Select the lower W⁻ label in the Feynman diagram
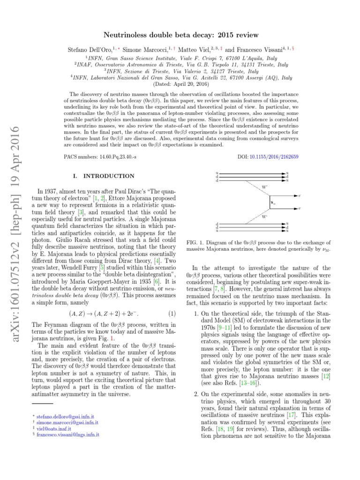point(264,217)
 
